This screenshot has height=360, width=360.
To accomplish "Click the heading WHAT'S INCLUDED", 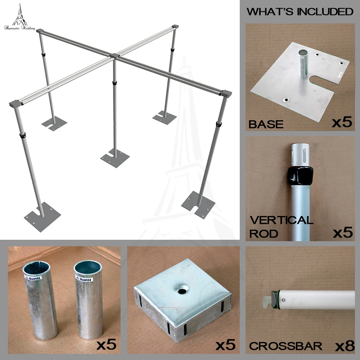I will coord(300,12).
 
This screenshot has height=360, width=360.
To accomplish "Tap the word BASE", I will coord(266,125).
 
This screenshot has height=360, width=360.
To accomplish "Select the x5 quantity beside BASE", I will coord(341,122).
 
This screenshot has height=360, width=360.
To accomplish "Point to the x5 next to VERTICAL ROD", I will coord(342,233).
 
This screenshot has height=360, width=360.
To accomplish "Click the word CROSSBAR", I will coord(286,346).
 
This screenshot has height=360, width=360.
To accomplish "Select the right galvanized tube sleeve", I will coord(87,299).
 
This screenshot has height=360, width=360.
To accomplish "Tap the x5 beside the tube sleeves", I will coord(107,345).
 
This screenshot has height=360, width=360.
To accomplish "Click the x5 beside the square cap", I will coord(226,345).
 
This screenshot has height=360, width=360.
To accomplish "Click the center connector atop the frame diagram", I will coord(114,56).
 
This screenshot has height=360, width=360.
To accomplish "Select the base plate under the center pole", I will coord(115,158).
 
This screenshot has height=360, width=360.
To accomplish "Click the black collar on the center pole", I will coord(115,83).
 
